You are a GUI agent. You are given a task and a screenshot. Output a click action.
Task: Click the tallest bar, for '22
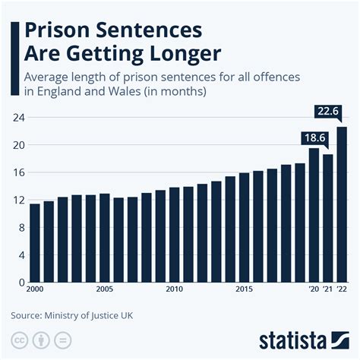pos(342,204)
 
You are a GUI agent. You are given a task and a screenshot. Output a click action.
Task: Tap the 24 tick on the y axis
pos(17,118)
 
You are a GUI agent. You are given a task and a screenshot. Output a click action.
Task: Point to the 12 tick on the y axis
pos(17,200)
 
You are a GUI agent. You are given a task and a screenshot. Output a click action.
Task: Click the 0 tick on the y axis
pos(19,283)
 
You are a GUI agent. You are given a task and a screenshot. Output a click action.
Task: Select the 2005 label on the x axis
pos(104,290)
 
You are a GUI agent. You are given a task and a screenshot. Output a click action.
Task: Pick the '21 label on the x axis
pos(327,290)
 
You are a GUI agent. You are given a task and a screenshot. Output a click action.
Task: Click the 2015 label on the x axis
pos(244,290)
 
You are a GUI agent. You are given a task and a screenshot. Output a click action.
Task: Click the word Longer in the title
pos(177,55)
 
